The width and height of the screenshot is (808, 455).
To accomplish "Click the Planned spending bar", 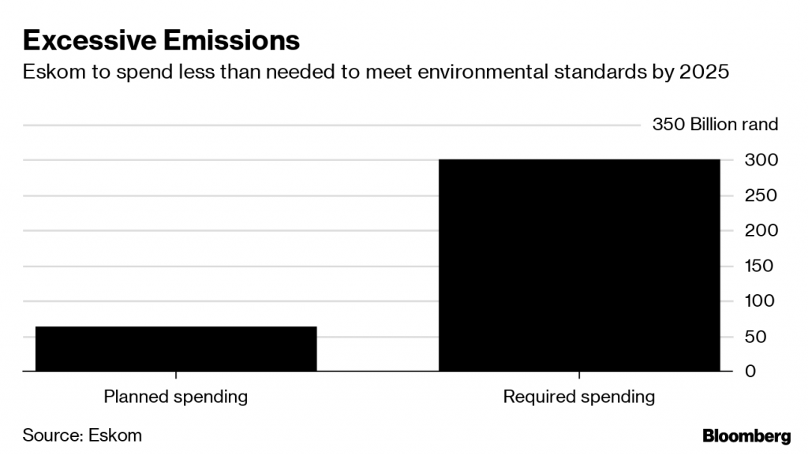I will tap(175, 349).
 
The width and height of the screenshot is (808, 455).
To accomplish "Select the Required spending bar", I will tap(579, 265).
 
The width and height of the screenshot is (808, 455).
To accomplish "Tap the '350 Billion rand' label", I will tap(715, 125).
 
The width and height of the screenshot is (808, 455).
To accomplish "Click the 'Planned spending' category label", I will tap(175, 397).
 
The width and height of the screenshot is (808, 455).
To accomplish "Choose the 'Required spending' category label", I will tap(579, 397).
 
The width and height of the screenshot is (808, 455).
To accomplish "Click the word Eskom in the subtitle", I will tap(50, 73).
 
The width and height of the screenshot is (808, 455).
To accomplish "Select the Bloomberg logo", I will tap(746, 434).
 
